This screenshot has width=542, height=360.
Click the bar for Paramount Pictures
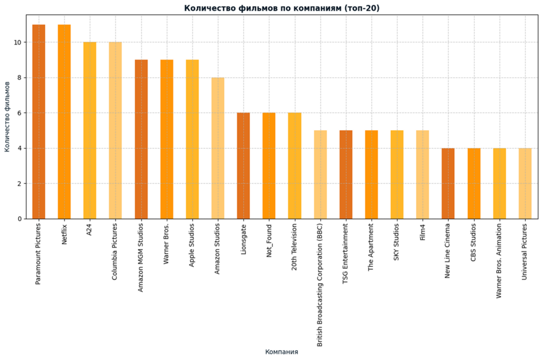pyautogui.click(x=39, y=122)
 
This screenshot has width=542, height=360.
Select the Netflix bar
pyautogui.click(x=64, y=122)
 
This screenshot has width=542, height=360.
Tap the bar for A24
pyautogui.click(x=90, y=131)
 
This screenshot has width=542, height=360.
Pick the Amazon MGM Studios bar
pyautogui.click(x=141, y=139)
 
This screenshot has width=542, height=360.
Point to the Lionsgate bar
pyautogui.click(x=243, y=166)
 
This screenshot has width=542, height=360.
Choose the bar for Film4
pyautogui.click(x=422, y=175)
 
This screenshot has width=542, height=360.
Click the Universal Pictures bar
pyautogui.click(x=525, y=184)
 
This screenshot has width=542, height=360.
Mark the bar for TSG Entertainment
pyautogui.click(x=346, y=175)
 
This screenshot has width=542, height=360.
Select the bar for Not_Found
pyautogui.click(x=269, y=166)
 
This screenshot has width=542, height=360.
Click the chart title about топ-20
pyautogui.click(x=282, y=8)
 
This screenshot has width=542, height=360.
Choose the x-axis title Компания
pyautogui.click(x=282, y=352)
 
